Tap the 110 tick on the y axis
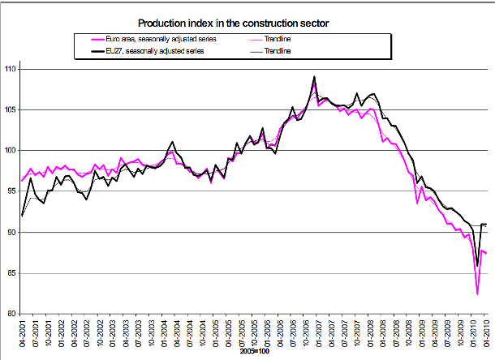point(11,69)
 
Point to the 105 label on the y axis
point(11,109)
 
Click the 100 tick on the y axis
point(11,151)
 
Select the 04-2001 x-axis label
point(22,334)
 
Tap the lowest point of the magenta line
point(477,294)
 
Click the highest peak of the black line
point(314,77)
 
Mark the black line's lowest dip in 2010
point(477,265)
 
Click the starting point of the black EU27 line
point(22,216)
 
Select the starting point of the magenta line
point(22,180)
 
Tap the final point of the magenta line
point(486,253)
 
